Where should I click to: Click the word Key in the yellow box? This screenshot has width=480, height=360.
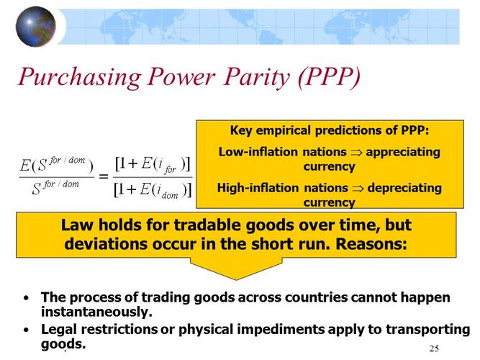[241, 131]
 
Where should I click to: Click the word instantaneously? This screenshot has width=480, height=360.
[96, 312]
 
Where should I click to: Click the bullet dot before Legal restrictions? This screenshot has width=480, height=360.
[27, 330]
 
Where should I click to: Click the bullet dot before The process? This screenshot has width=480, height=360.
[27, 297]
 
